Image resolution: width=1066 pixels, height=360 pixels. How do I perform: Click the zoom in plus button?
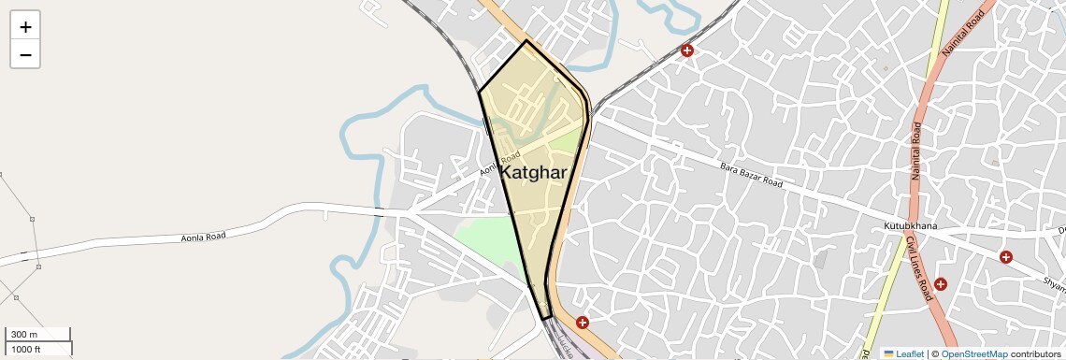coord(25,27)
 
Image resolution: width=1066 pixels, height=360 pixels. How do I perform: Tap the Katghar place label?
coord(533,173)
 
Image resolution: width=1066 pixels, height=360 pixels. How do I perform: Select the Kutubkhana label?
coord(910,226)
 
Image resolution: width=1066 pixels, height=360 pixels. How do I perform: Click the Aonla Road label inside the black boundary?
coord(500,165)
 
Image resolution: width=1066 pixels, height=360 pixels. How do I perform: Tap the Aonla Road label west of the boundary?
coord(204,238)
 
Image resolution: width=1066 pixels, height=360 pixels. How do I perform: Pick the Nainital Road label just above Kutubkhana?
coord(917,151)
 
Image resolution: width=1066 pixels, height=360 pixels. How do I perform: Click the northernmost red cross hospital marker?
coord(687,50)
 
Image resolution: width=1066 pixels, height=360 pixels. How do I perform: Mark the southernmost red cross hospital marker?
coord(583,323)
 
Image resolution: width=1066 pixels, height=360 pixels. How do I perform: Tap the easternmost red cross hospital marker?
coord(1005,257)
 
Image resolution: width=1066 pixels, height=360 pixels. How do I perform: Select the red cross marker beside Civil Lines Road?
coord(940,284)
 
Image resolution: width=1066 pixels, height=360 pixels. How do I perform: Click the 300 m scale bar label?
coord(25,335)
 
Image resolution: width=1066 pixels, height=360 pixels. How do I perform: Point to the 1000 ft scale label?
coord(25,349)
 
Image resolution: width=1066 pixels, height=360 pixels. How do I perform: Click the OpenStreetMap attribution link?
coord(973,354)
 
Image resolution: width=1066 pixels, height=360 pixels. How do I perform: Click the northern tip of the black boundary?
coord(526,41)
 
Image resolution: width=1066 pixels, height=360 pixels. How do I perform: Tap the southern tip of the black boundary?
coord(543,320)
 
